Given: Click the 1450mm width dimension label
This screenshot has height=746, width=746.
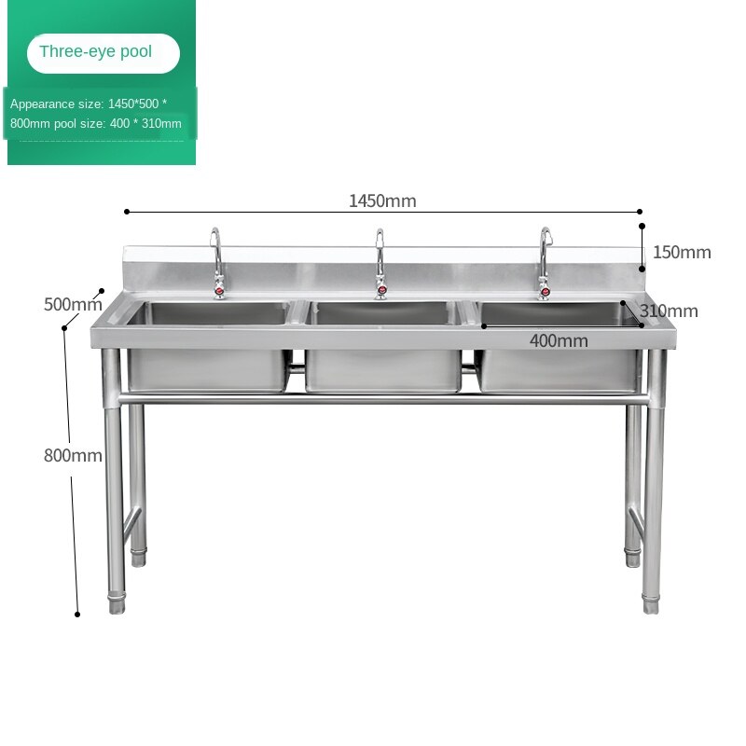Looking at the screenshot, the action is (x=382, y=200).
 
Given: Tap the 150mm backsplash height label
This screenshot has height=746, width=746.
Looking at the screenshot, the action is (x=682, y=252).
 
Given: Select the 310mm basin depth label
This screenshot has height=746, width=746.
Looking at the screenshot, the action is (x=669, y=311).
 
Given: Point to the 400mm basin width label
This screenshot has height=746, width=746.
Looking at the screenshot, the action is (x=559, y=340).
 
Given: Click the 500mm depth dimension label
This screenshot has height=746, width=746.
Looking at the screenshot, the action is (x=73, y=305).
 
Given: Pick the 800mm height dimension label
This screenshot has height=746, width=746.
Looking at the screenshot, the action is (x=73, y=455).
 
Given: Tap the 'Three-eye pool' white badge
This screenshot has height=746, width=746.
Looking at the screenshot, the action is (x=104, y=53).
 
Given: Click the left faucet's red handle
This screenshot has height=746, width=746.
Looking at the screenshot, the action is (x=219, y=291).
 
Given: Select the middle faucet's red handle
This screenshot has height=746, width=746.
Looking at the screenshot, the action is (x=381, y=289).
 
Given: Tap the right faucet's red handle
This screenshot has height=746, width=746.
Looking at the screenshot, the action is (x=545, y=291).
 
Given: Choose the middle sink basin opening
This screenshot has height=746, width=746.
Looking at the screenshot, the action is (x=382, y=313).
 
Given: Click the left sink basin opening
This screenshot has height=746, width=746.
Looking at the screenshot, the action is (x=208, y=313).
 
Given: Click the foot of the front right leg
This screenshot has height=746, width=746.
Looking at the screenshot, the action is (x=651, y=603).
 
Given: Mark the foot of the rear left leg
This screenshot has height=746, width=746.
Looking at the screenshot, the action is (x=138, y=558).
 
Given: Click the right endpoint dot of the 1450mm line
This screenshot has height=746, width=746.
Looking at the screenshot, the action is (x=640, y=212).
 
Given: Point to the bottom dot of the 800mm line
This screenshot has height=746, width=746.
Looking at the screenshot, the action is (x=77, y=615).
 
